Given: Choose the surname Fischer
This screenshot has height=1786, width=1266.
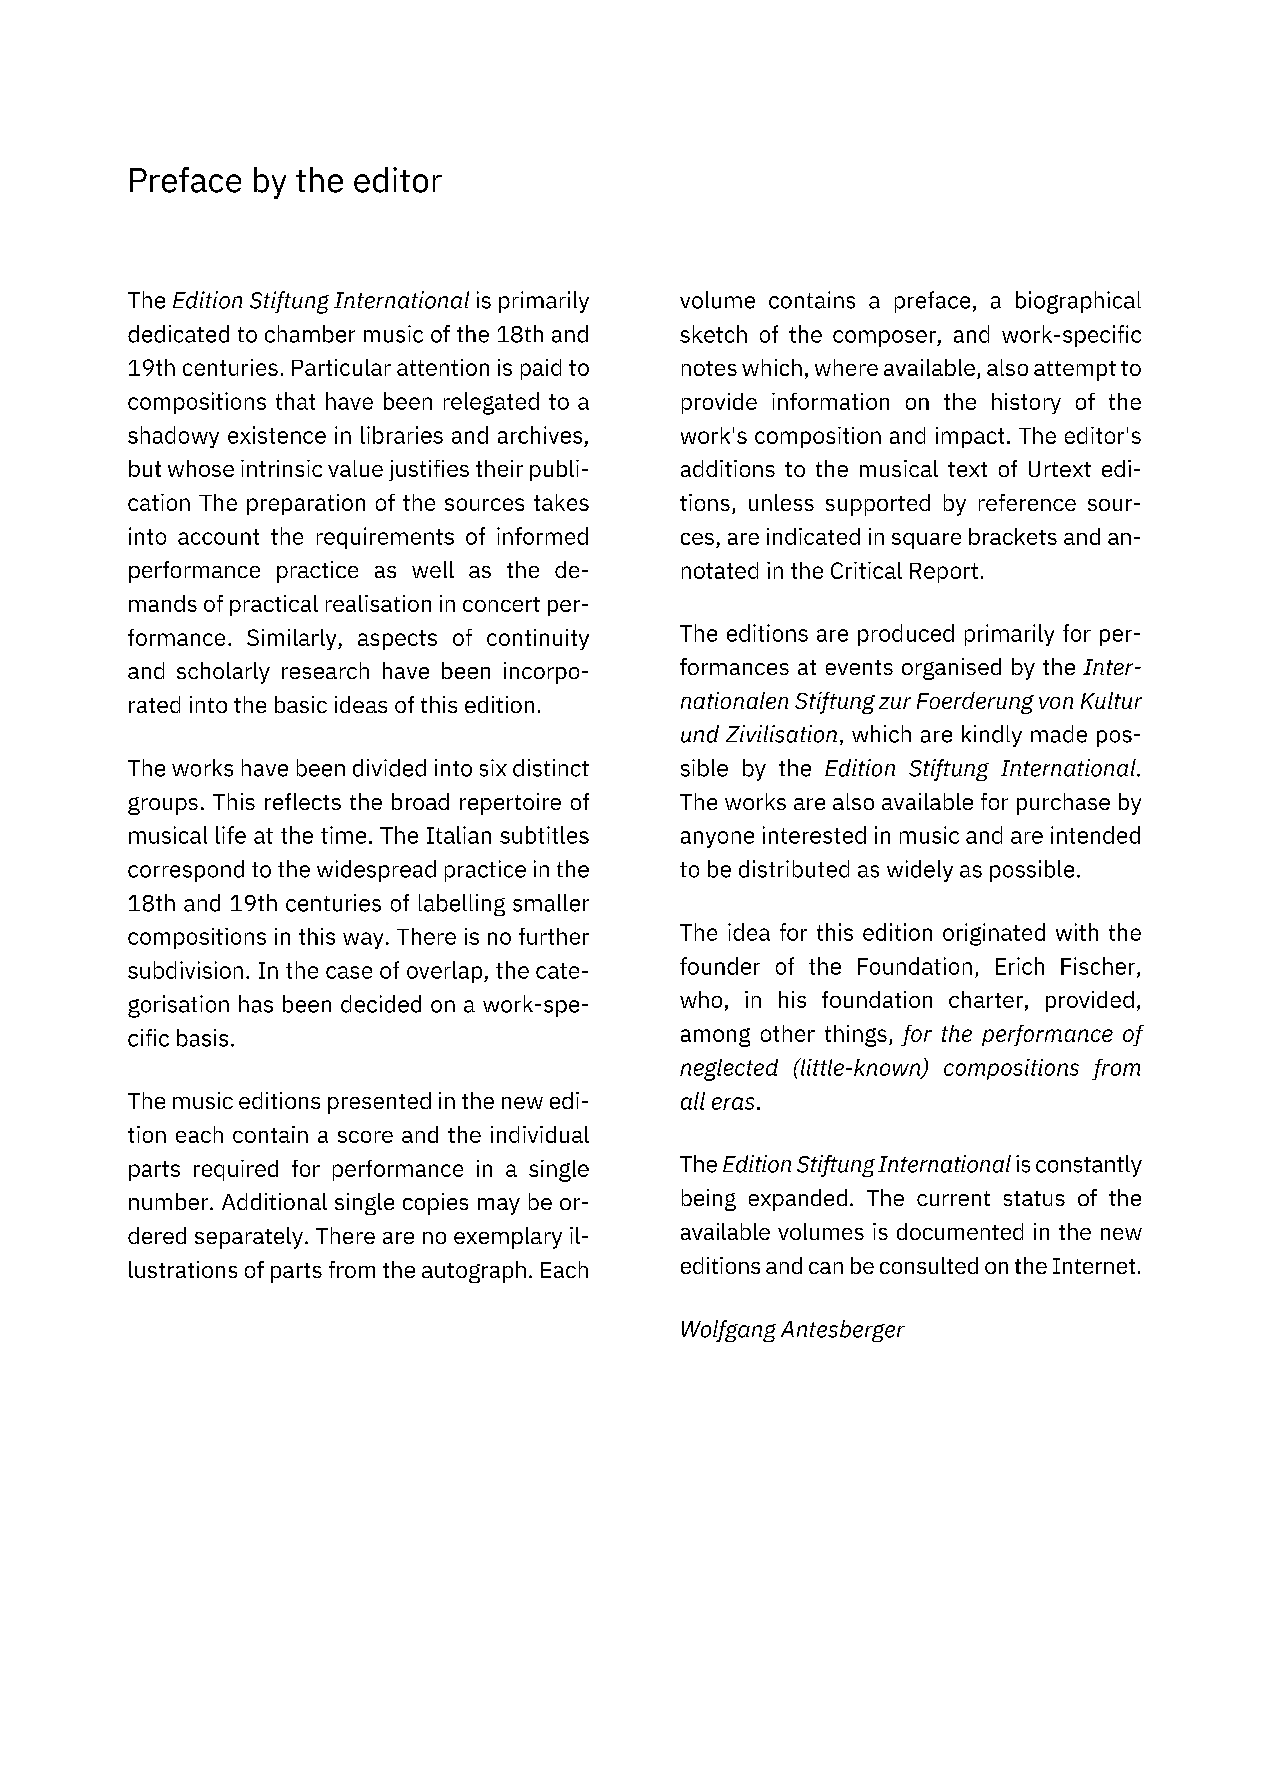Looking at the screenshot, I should [x=1099, y=967].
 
